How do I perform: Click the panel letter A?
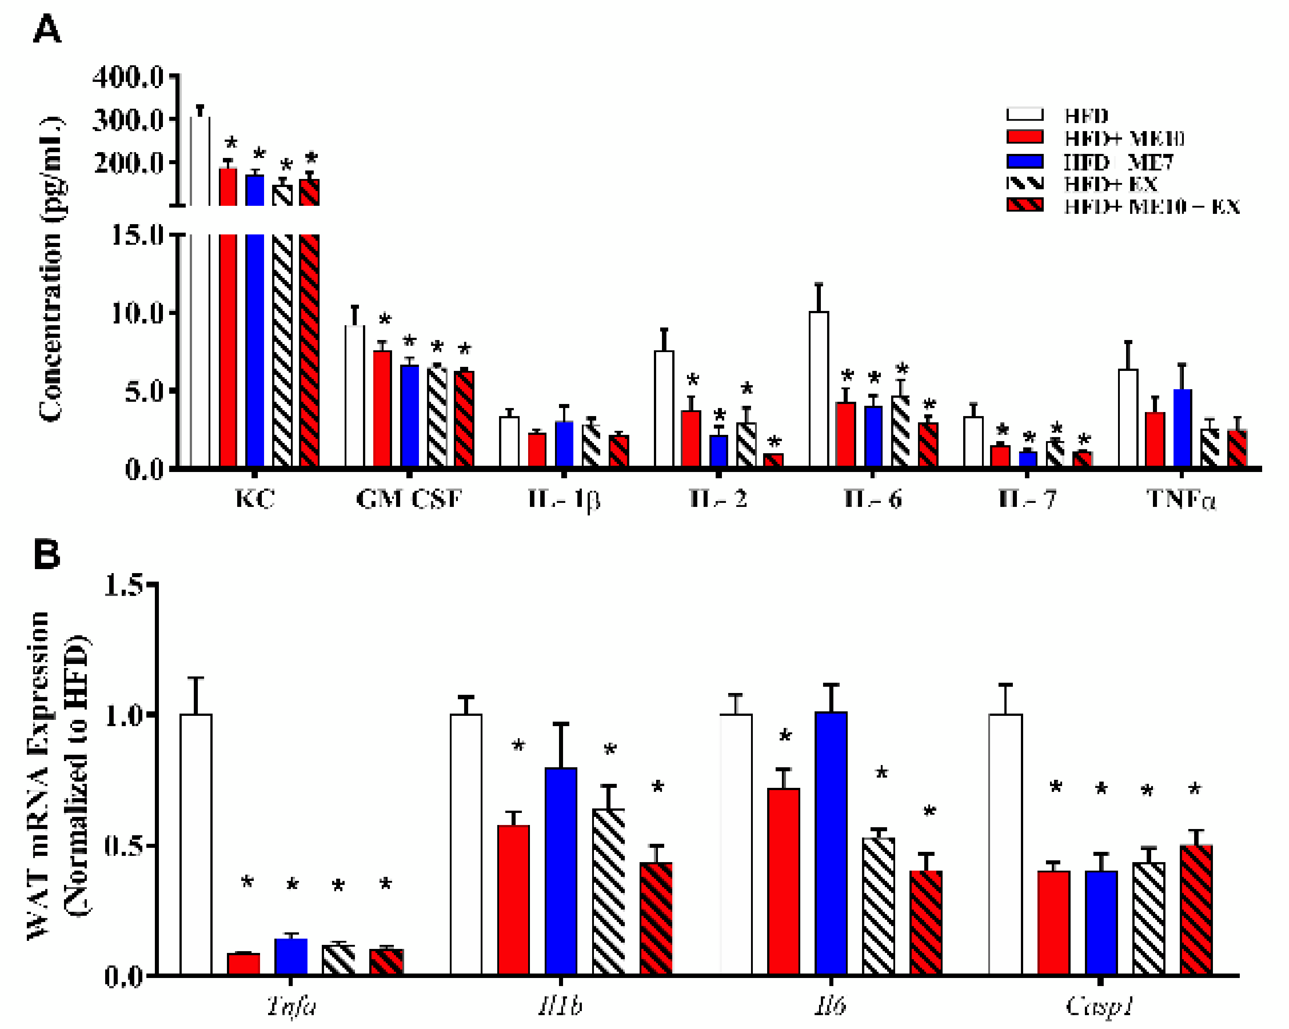click(47, 30)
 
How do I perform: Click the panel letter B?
click(47, 554)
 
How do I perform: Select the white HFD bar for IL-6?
click(819, 388)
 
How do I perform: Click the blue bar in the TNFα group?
click(1182, 427)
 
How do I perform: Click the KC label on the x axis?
click(255, 498)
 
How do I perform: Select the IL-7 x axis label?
click(1027, 498)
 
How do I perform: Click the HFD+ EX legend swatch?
click(1025, 183)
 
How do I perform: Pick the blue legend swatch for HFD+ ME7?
click(1025, 161)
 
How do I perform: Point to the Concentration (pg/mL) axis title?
click(51, 269)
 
